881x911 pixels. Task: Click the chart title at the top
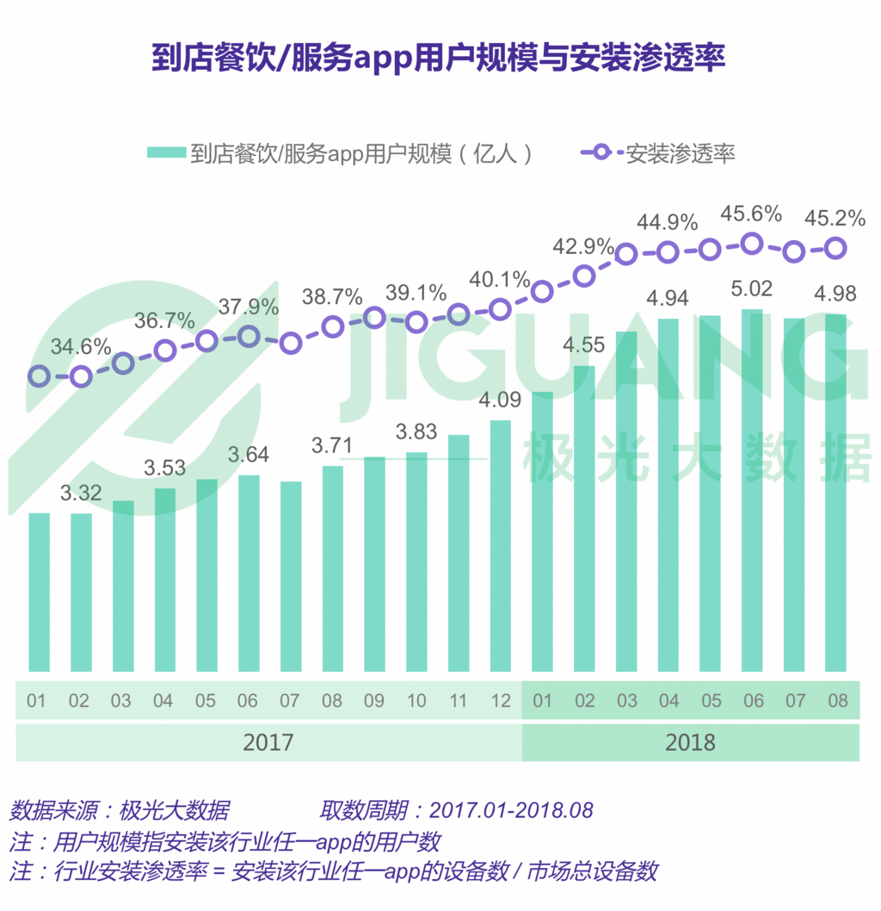(x=439, y=58)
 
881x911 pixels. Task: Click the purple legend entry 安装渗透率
(x=659, y=153)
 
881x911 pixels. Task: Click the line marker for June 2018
(x=752, y=244)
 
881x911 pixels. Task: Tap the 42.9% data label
(x=583, y=247)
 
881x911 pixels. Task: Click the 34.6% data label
(x=81, y=348)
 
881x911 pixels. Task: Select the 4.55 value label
(x=583, y=345)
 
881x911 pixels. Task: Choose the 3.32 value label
(x=81, y=493)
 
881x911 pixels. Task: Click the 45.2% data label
(x=835, y=220)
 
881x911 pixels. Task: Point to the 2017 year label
(x=268, y=742)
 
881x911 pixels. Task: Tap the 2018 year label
(x=690, y=742)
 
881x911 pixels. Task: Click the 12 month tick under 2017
(x=501, y=700)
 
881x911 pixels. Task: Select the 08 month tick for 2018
(x=836, y=700)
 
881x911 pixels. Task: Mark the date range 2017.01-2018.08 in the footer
(x=511, y=810)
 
